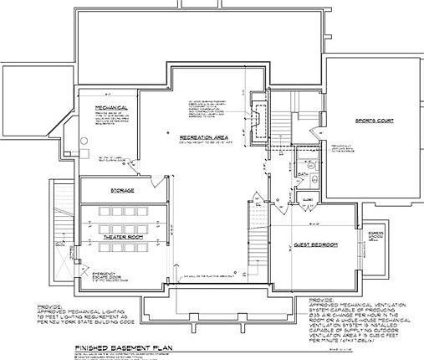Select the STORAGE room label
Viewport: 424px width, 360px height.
coord(124,191)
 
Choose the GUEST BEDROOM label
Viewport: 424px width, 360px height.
coord(315,244)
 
